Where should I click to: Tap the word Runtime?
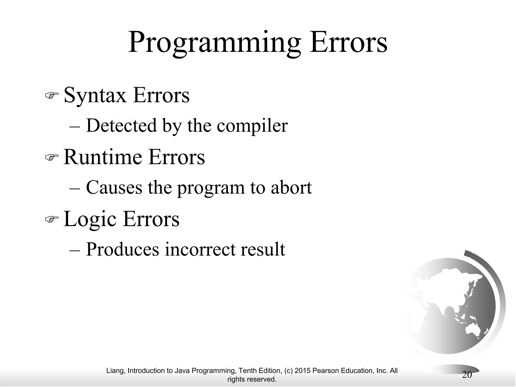point(103,157)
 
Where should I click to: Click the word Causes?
point(114,188)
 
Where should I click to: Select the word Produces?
point(122,249)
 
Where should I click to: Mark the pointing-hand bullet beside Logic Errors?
point(52,219)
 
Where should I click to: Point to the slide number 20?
point(467,375)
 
